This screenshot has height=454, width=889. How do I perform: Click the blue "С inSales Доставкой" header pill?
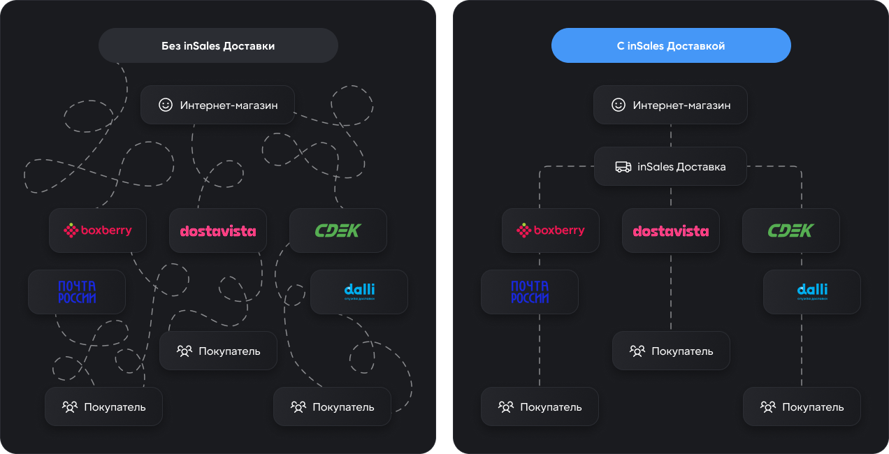click(x=671, y=46)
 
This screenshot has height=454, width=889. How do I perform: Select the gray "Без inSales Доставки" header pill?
click(x=218, y=46)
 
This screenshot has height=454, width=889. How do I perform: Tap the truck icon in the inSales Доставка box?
click(x=623, y=167)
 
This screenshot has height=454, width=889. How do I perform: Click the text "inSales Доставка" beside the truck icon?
click(x=681, y=167)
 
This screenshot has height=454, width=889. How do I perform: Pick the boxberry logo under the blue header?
click(x=550, y=230)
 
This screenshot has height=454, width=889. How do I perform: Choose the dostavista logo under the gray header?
click(x=218, y=231)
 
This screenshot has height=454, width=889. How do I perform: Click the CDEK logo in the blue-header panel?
click(x=790, y=230)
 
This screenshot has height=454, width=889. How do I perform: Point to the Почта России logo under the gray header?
click(x=77, y=292)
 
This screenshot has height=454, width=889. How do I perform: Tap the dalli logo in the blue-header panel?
click(x=811, y=291)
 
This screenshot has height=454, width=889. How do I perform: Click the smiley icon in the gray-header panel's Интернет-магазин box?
click(x=166, y=105)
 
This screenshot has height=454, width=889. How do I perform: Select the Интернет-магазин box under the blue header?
click(x=670, y=105)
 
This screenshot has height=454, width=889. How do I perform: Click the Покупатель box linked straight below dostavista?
click(x=671, y=351)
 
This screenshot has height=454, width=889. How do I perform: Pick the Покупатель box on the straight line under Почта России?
click(x=540, y=407)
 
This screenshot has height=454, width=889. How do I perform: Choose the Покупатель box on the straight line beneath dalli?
click(x=802, y=407)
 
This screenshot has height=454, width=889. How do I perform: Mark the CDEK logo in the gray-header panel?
click(x=338, y=230)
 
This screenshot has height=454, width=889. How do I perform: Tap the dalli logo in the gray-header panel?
click(x=359, y=291)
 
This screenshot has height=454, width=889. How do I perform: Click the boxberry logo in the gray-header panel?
click(x=97, y=230)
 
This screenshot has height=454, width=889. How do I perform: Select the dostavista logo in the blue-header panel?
click(x=671, y=231)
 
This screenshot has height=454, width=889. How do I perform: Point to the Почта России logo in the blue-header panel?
click(x=530, y=292)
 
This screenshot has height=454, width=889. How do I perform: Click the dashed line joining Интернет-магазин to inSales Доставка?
click(x=671, y=136)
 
